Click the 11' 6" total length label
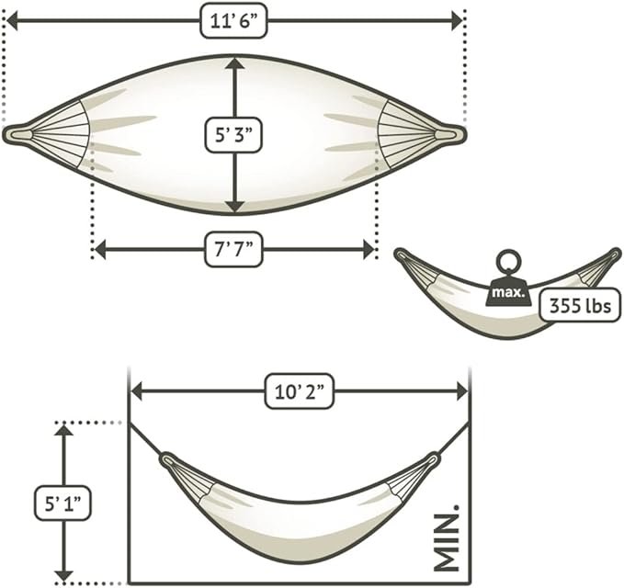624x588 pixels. tap(233, 21)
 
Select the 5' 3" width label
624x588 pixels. tap(233, 135)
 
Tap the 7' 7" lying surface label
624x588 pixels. tap(233, 250)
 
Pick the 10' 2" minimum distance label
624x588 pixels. tap(300, 391)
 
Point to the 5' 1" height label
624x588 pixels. tap(62, 503)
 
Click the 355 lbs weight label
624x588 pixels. tap(580, 306)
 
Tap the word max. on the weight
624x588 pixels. tap(509, 293)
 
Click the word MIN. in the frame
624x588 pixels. tap(446, 538)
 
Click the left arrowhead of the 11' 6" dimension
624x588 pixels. tap(12, 21)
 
